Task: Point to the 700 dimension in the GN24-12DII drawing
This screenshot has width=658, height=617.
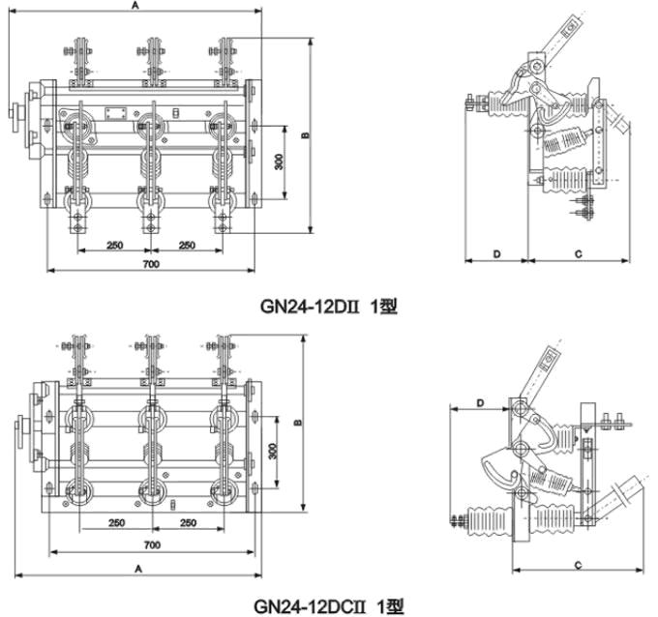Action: tap(151, 264)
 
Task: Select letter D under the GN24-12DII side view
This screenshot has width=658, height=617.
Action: tap(495, 253)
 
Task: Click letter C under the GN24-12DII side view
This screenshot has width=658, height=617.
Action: tap(577, 253)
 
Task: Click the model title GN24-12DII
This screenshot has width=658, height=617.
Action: tap(329, 306)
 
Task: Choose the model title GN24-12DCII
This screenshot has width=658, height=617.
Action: tap(329, 605)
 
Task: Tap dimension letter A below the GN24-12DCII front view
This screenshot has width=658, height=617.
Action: tap(139, 567)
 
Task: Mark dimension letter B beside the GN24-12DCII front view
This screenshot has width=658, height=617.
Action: tap(298, 422)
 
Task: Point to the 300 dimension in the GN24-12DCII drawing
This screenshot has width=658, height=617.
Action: tap(274, 451)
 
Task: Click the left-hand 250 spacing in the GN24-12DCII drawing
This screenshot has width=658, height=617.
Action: tap(115, 523)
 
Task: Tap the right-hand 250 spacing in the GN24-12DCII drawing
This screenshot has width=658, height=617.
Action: tap(188, 523)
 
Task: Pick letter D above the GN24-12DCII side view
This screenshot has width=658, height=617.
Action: tap(480, 402)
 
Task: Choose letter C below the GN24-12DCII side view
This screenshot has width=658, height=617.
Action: tap(577, 564)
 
